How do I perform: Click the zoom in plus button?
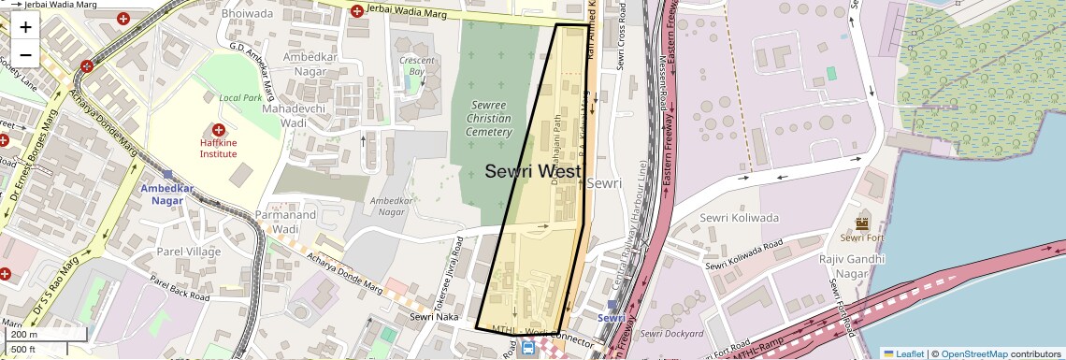(x=25, y=27)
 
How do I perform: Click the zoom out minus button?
(x=25, y=54)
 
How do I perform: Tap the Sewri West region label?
(x=533, y=172)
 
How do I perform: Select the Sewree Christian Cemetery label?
(x=490, y=119)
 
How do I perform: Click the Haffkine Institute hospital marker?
(x=219, y=130)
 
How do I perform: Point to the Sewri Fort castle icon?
(x=862, y=223)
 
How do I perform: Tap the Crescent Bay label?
(x=417, y=65)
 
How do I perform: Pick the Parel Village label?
(x=188, y=252)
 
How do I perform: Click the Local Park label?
(x=240, y=97)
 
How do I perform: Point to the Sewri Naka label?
(x=433, y=317)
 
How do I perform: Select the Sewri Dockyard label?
(x=672, y=334)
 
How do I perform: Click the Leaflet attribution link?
(x=902, y=353)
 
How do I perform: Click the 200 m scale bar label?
(x=24, y=334)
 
